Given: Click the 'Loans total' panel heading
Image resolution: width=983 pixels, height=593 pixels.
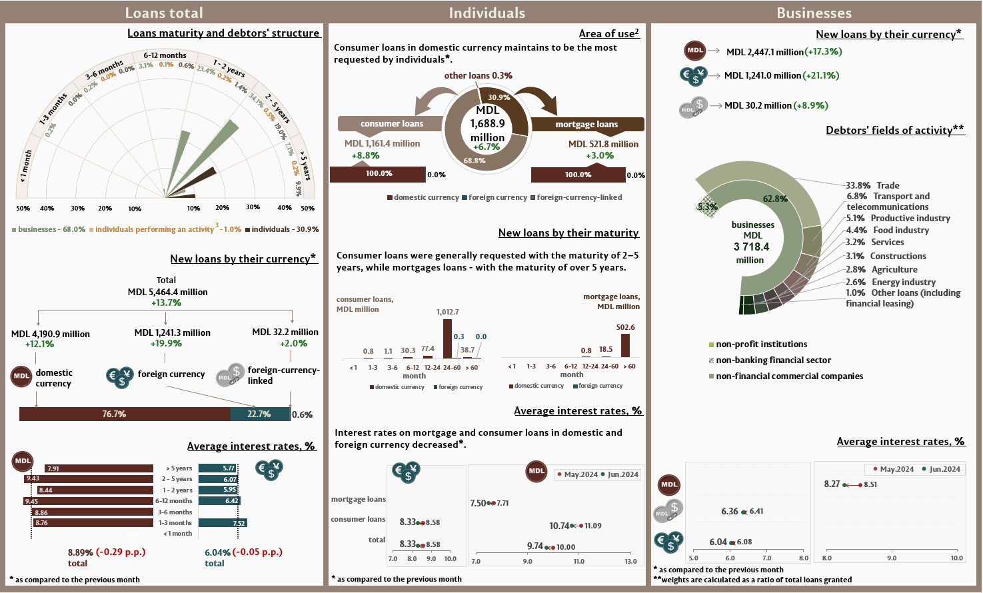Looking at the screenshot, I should click(x=164, y=13).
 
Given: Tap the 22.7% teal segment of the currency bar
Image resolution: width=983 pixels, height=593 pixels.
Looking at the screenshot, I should click(x=260, y=414).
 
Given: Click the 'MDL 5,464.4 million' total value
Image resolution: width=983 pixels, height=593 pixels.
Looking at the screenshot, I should click(x=167, y=292).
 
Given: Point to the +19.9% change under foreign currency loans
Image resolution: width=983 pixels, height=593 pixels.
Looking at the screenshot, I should click(x=167, y=344).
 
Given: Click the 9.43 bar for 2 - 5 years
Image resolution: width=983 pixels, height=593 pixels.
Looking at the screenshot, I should click(x=88, y=478).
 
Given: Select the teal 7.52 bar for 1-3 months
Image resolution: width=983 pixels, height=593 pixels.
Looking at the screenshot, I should click(x=222, y=523).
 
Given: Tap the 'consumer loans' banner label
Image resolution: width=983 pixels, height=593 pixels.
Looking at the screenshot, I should click(x=391, y=123).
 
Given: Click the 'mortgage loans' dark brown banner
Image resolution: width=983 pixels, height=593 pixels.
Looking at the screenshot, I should click(x=586, y=124).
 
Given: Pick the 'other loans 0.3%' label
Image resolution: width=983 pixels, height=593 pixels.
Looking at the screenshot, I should click(x=478, y=75).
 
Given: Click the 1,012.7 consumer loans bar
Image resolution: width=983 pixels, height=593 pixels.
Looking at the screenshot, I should click(x=447, y=338).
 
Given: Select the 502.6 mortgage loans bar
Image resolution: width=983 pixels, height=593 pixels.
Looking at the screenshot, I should click(x=625, y=345).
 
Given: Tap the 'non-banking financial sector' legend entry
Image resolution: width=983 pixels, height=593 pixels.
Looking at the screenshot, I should click(x=773, y=360).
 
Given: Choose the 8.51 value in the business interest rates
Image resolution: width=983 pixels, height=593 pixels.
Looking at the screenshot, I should click(x=870, y=484).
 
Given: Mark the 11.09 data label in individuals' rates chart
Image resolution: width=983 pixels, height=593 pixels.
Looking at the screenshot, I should click(x=593, y=526).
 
